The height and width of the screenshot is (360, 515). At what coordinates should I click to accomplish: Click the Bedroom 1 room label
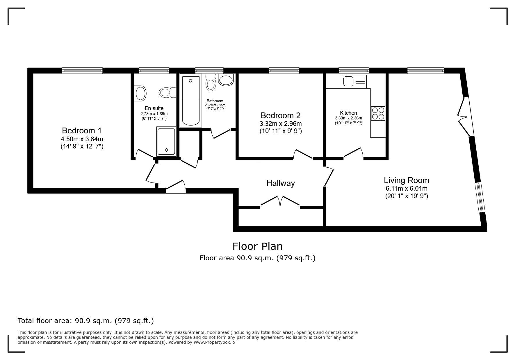pos(82,130)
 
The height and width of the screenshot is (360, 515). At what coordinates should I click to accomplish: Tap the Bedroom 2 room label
pos(281,115)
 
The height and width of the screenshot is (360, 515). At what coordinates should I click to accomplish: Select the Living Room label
pos(407,180)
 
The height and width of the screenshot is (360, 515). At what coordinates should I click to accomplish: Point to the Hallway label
pos(281,183)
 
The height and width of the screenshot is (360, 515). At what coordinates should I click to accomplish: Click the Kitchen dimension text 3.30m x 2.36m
pos(348,118)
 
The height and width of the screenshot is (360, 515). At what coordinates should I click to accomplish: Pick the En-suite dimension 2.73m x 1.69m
pos(154,114)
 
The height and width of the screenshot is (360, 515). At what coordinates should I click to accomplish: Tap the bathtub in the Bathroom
pos(191,101)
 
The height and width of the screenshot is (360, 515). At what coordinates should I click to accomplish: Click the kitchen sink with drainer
pos(354,81)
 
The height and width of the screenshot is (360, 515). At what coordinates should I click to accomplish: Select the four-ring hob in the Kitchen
pos(378,113)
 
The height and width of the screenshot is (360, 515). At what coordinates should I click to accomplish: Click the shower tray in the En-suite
pos(166,142)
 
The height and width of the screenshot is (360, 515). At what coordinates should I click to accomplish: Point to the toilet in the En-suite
pos(167,93)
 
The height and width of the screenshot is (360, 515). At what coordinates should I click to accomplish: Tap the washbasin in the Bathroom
pos(226,80)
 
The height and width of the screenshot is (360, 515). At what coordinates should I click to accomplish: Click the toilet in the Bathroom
pos(211,82)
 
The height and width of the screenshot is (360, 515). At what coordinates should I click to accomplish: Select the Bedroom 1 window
pos(82,71)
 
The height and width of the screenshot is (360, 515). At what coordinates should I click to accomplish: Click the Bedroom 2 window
pos(284,71)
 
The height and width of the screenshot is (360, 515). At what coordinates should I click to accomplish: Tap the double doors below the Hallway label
pos(280,201)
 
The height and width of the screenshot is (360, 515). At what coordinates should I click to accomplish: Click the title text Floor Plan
pos(257,246)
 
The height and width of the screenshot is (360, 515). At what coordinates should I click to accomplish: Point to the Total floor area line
pos(86,321)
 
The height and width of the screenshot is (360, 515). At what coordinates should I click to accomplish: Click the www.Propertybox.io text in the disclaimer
pos(214,342)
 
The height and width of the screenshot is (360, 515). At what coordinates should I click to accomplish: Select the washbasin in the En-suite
pos(140,93)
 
